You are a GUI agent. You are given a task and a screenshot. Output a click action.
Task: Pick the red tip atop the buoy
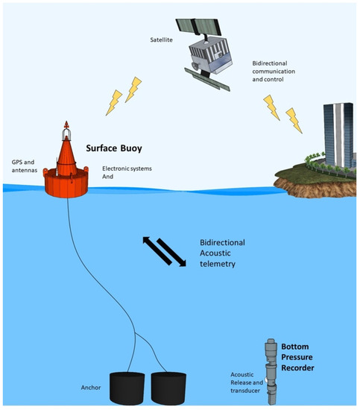(66, 123)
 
